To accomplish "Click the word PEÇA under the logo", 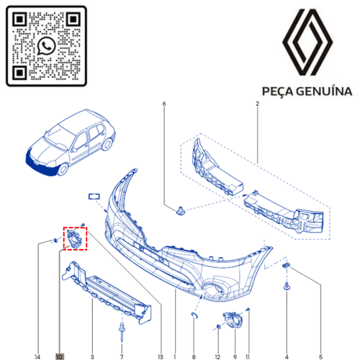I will (275, 92).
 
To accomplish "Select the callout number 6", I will (164, 105).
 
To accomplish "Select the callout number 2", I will (257, 105).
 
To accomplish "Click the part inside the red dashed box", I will (75, 238).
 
